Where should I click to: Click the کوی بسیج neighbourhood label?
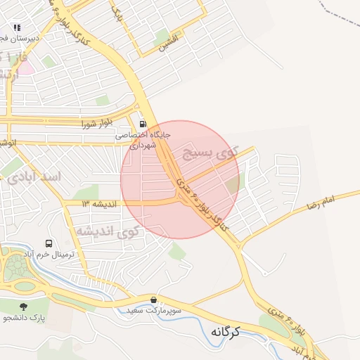[x=211, y=151]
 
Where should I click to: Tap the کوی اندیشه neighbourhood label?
[x=106, y=231]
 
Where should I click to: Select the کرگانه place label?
[x=225, y=331]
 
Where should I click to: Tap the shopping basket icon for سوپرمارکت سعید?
[x=153, y=300]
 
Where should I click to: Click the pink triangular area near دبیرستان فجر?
[x=26, y=68]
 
